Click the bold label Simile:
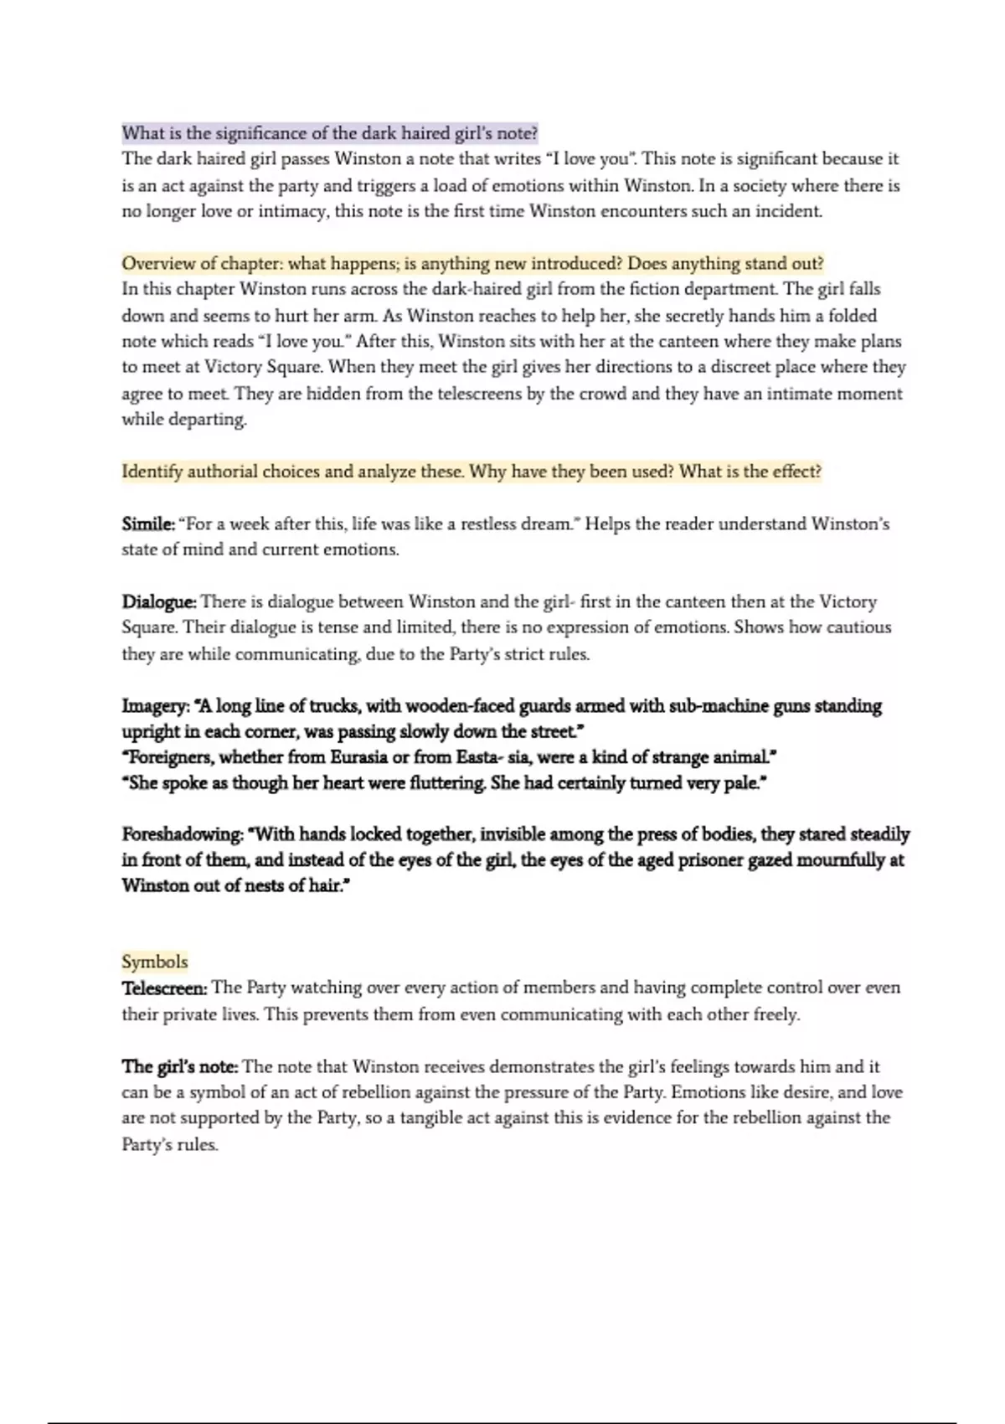(x=148, y=524)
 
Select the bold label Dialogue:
(x=159, y=602)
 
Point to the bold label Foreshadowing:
(x=183, y=834)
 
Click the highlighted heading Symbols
(x=155, y=962)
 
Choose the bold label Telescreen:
(x=164, y=988)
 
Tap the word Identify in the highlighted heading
(x=152, y=472)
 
